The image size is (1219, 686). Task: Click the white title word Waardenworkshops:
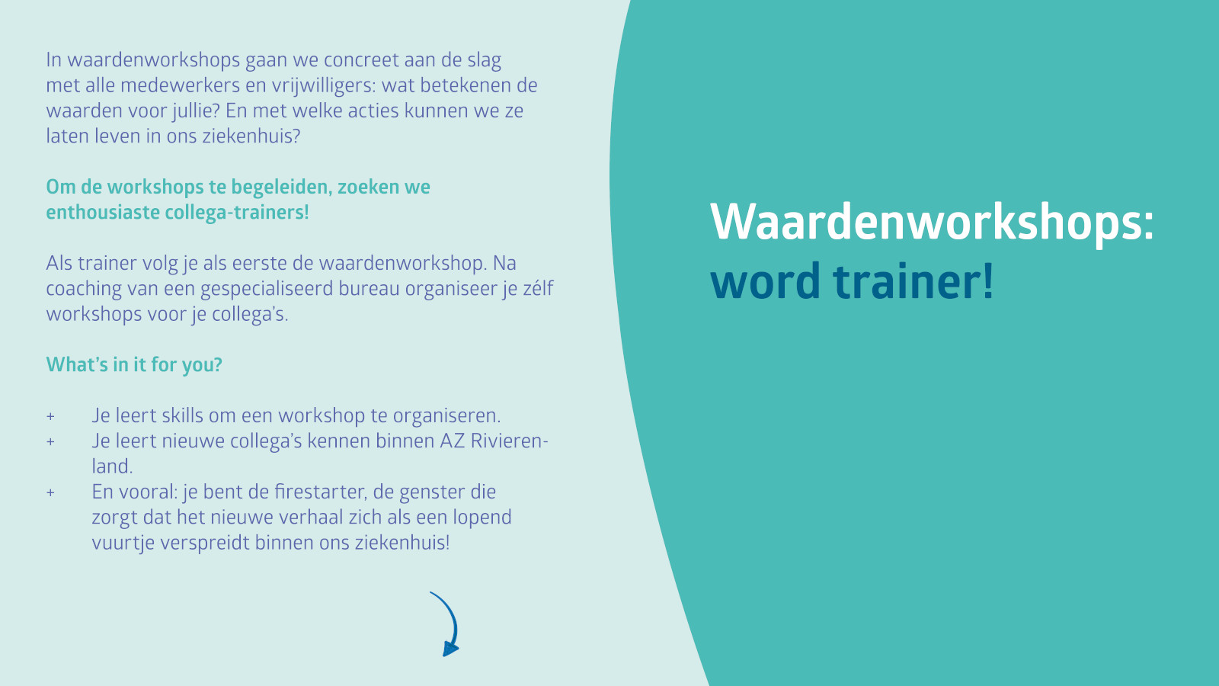932,222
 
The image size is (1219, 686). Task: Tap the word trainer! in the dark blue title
913,281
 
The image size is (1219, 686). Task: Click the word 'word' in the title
765,281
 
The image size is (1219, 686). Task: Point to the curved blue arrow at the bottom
447,623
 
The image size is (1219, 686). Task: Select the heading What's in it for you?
134,365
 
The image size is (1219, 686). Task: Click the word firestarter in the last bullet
320,492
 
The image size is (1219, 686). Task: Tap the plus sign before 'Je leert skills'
50,416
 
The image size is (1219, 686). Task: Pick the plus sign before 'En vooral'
50,492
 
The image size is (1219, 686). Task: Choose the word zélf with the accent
538,289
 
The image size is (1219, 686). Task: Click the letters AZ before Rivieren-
453,441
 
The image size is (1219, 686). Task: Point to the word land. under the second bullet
112,466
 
